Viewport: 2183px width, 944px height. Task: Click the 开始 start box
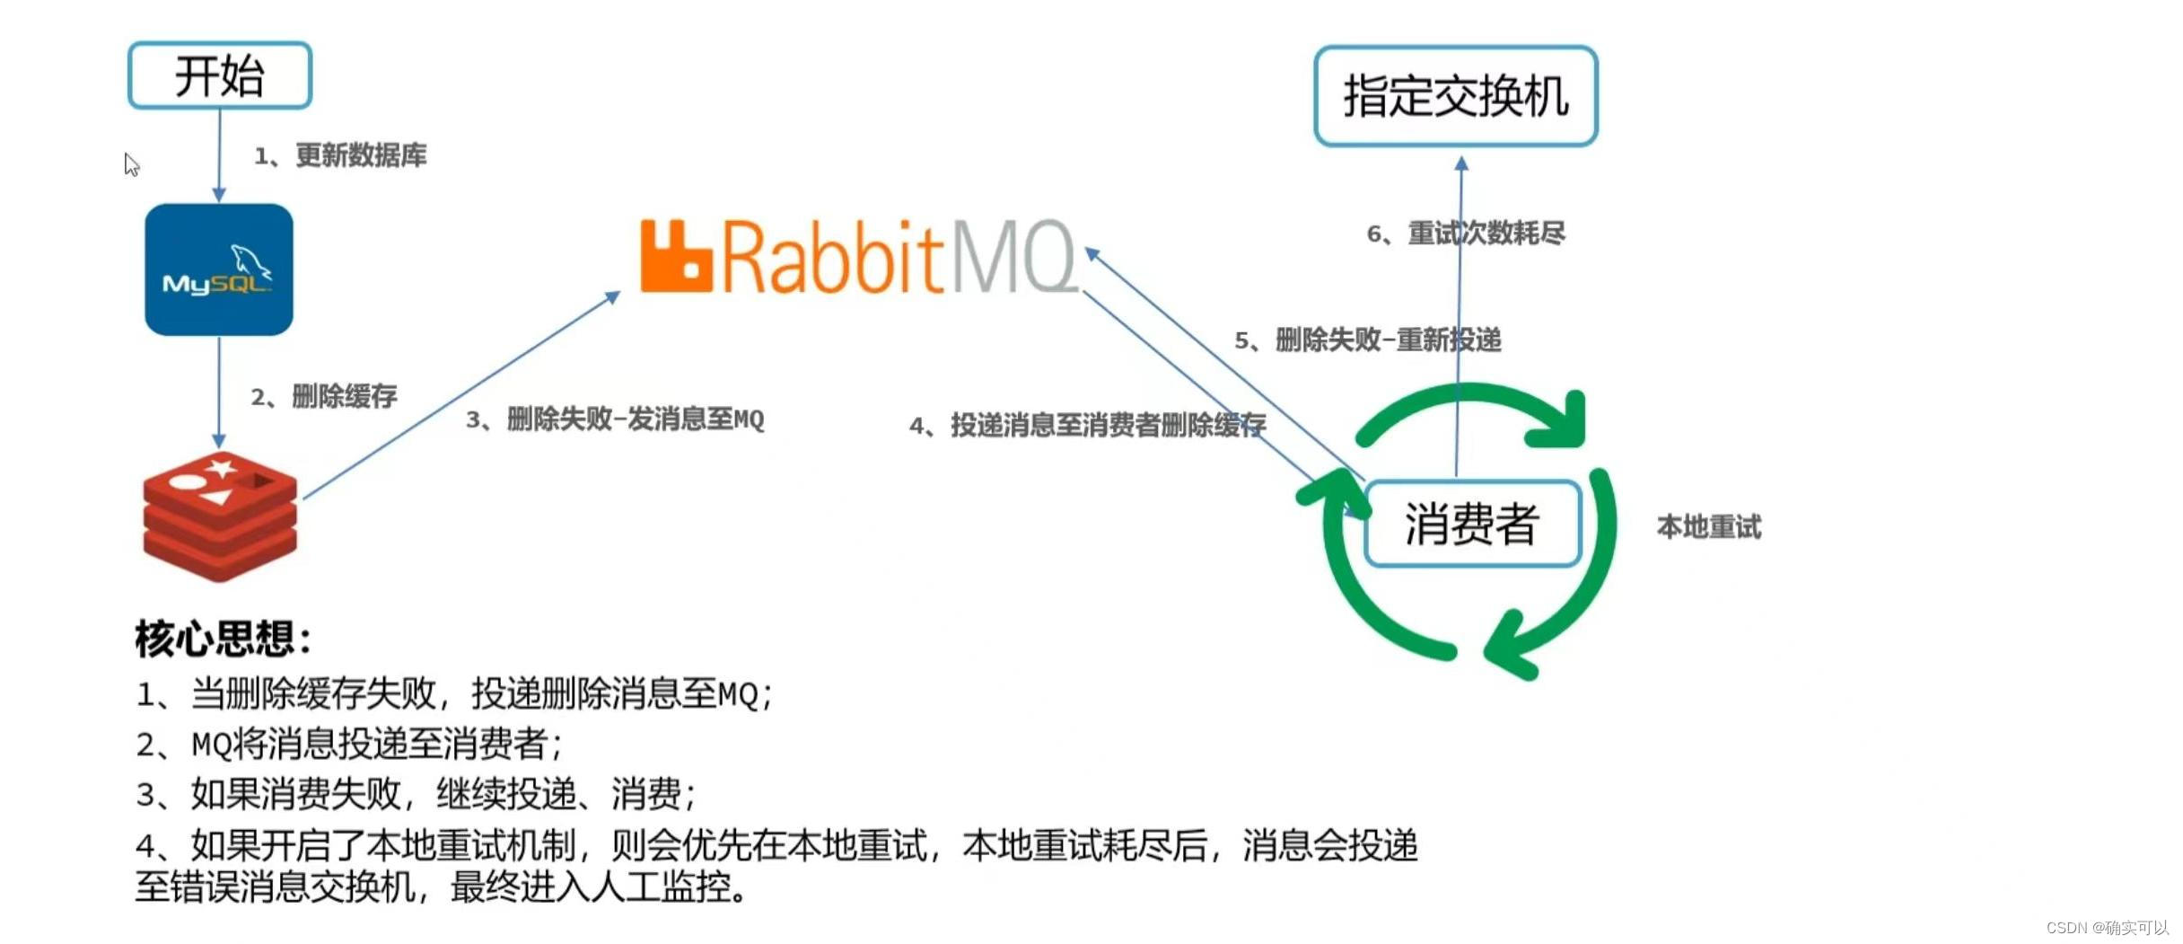pos(220,75)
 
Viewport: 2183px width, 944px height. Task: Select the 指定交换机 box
pos(1455,96)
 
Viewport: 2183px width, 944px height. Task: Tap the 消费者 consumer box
pos(1472,524)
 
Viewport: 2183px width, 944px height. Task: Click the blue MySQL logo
pos(219,269)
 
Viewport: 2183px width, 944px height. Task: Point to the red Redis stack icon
pos(220,516)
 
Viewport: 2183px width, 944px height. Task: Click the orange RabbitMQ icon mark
pos(675,257)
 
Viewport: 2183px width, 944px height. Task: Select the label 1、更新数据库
pos(340,155)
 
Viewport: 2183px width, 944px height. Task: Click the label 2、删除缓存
pos(324,396)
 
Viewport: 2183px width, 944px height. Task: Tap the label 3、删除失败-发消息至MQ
pos(615,419)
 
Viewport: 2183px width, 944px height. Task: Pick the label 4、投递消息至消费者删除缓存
pos(1087,425)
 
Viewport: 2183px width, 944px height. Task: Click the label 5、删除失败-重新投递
pos(1367,340)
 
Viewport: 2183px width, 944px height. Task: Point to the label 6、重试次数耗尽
pos(1465,234)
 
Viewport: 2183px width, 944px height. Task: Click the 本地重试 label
pos(1709,527)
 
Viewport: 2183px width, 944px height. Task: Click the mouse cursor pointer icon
pos(131,164)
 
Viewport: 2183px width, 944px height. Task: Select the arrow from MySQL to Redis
pos(219,392)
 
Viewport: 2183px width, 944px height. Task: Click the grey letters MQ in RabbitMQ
pos(1014,257)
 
